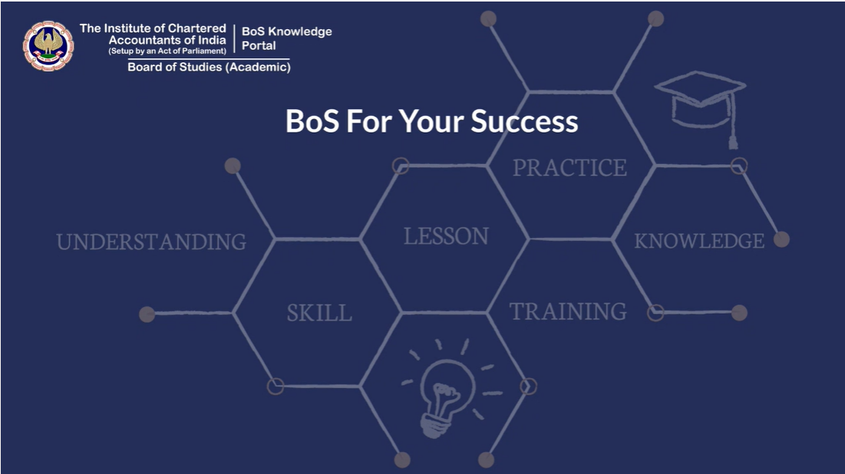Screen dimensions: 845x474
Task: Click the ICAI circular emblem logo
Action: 48,46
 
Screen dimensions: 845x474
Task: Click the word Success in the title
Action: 524,120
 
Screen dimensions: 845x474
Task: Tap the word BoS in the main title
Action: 312,120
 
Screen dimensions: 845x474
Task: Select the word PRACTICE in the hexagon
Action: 569,168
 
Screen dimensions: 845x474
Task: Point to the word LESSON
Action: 446,236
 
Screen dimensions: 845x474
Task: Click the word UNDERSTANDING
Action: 151,242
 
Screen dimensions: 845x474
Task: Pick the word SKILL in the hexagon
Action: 319,313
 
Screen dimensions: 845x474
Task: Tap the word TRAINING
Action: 568,311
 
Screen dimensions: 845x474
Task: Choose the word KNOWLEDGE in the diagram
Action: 699,241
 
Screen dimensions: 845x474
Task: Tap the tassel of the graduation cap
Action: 732,121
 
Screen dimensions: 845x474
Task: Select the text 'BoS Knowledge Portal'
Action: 287,38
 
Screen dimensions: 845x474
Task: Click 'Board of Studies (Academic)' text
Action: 209,67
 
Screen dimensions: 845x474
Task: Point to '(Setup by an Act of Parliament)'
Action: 167,51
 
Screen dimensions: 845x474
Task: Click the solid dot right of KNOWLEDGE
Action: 781,239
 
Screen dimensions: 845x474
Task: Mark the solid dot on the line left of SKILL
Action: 147,314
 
